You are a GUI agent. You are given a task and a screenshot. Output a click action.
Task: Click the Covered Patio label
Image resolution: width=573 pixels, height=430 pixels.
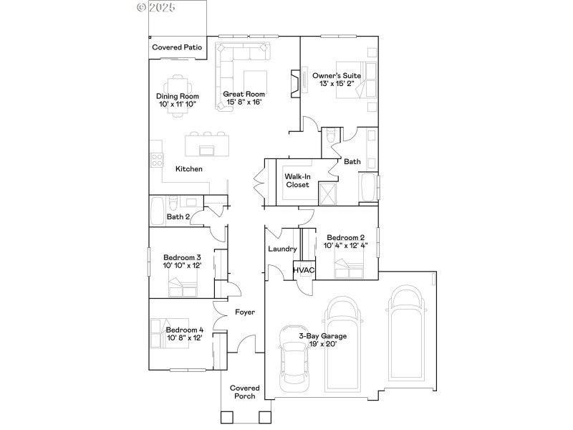pos(177,48)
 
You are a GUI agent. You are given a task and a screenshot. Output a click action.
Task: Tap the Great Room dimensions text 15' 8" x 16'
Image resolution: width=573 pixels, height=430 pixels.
pos(244,102)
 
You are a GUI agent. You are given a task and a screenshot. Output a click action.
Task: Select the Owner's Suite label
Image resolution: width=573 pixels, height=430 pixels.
pos(336,75)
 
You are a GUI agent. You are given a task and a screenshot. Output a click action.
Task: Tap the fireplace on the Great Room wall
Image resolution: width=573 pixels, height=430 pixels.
pos(294,82)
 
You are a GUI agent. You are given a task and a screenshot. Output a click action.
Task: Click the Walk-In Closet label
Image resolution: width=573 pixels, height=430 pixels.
pos(297,180)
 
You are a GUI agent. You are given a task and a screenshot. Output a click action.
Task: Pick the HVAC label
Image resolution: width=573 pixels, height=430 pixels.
pos(304,270)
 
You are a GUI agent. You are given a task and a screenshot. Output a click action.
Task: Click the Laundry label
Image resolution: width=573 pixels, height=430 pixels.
pos(282,249)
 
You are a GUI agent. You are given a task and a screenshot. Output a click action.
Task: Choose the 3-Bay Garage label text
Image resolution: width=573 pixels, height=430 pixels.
pos(322,335)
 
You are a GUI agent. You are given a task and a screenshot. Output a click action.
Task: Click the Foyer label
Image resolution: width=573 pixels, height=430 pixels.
pos(246,312)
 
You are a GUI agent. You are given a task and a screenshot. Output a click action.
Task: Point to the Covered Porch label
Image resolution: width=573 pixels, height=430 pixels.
pos(244,392)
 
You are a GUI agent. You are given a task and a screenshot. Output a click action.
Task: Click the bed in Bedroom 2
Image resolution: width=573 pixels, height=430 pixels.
pos(350,270)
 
